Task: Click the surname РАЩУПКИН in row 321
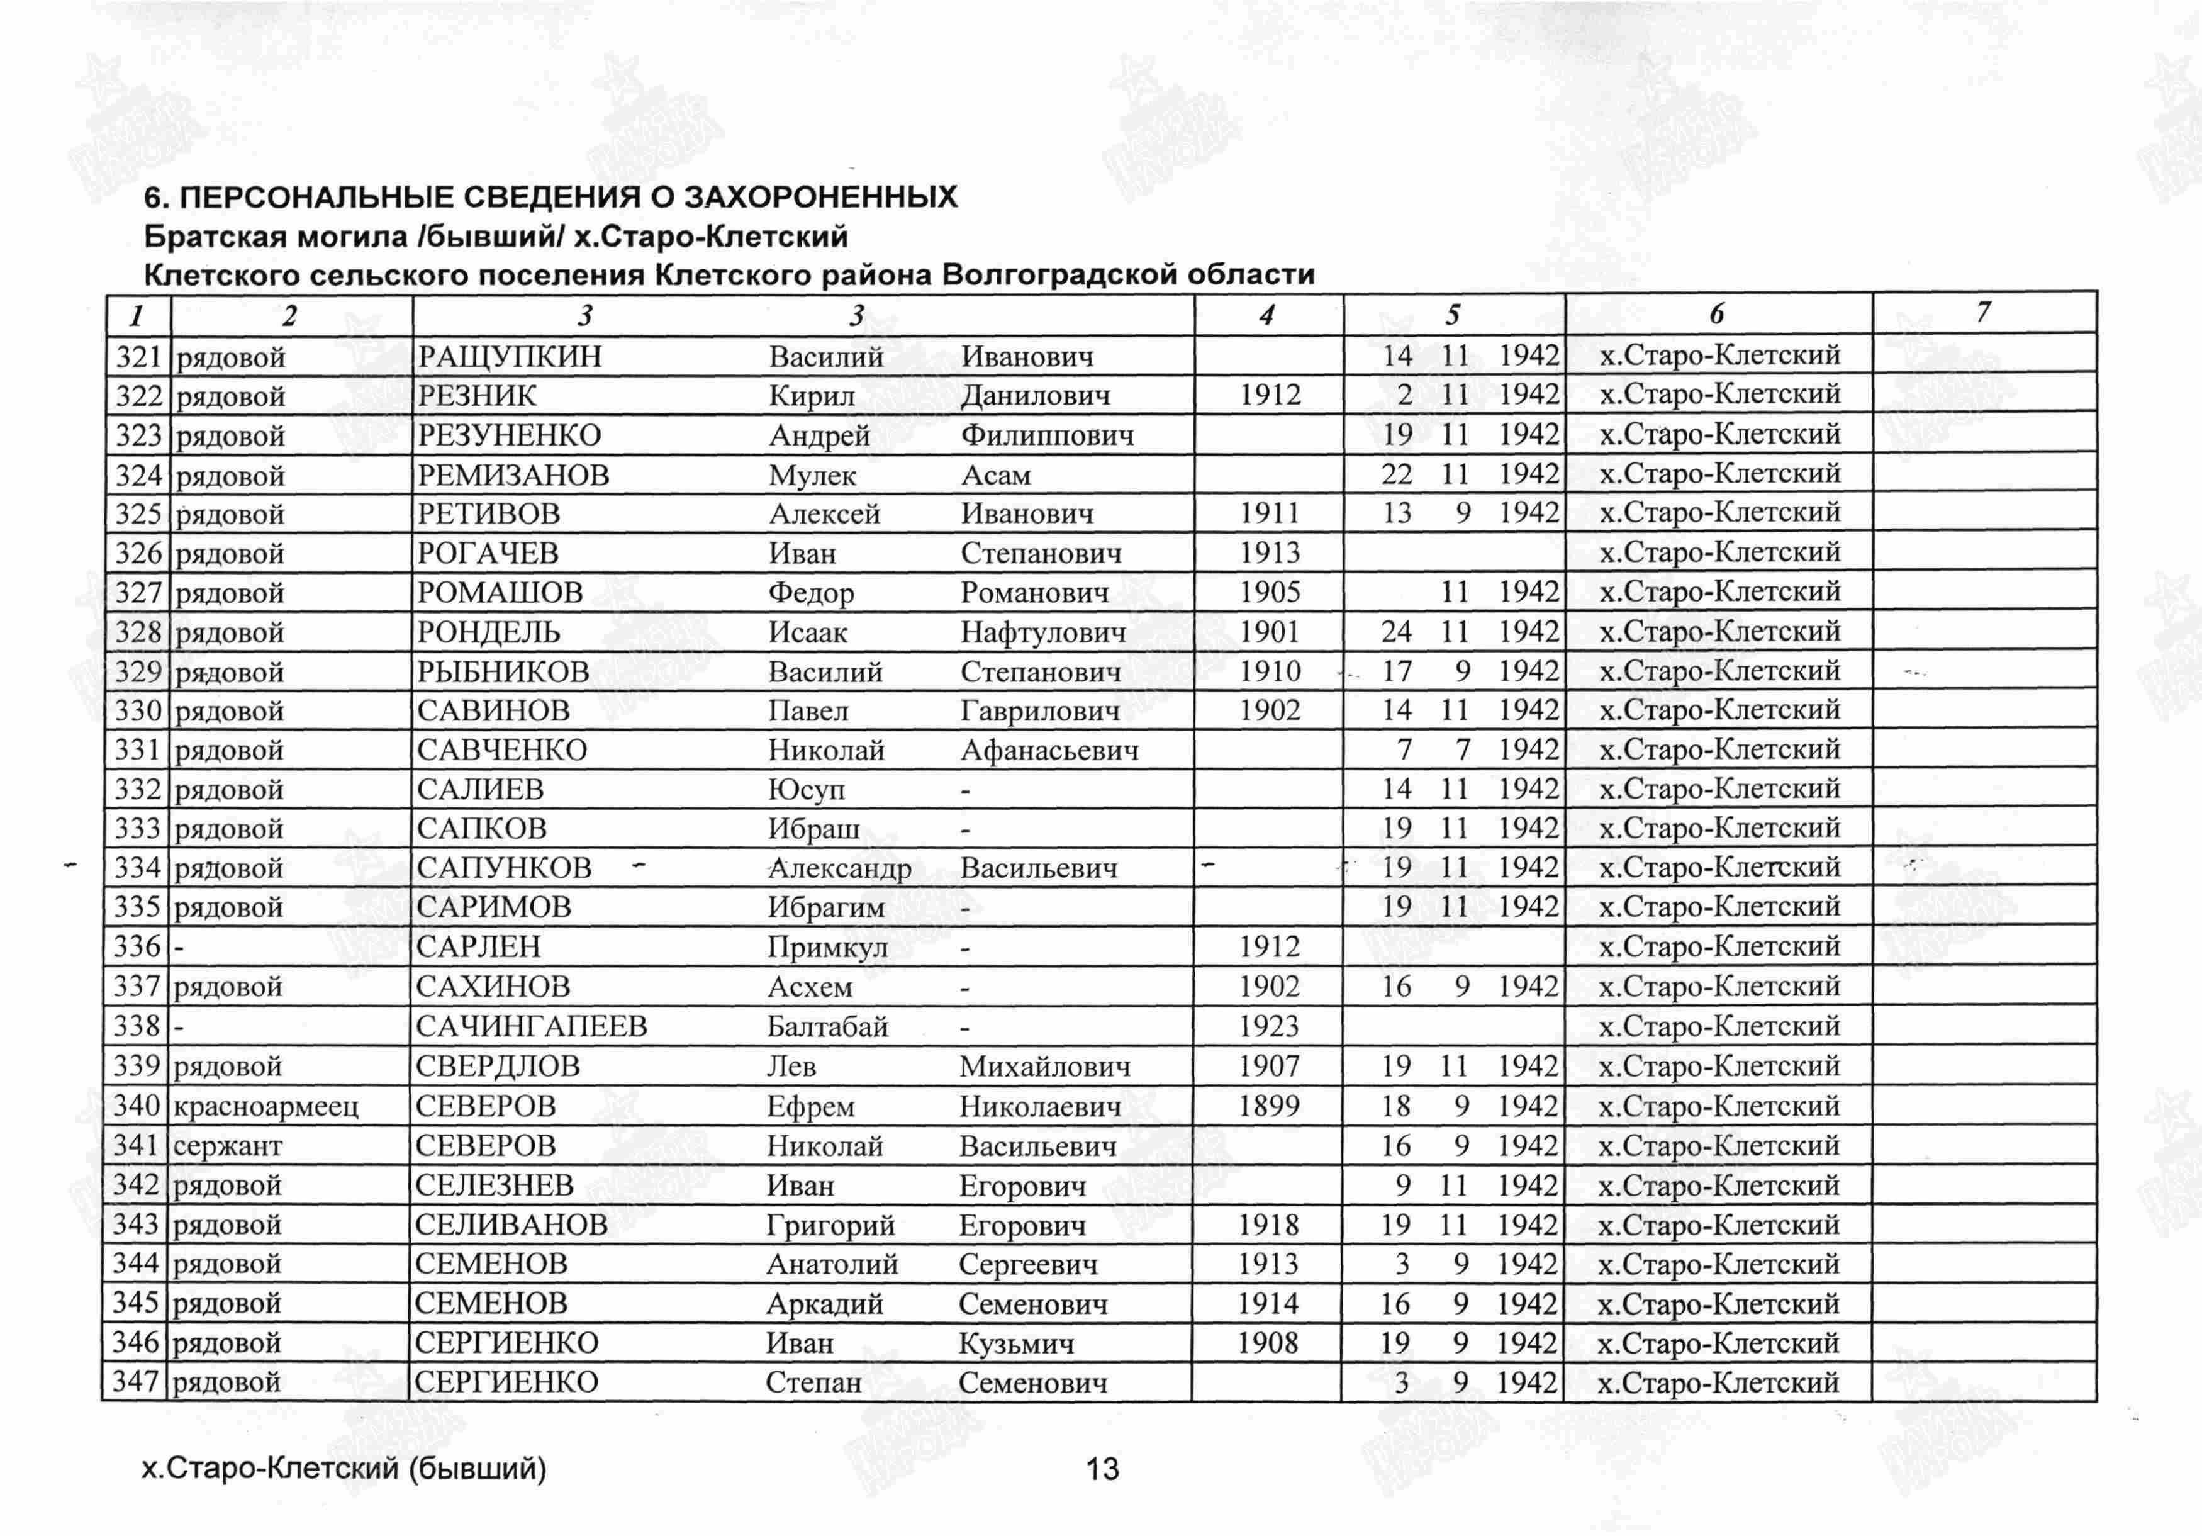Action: point(509,357)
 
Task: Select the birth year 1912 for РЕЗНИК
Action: point(1270,395)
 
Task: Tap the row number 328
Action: point(138,632)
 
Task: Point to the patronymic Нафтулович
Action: point(1042,632)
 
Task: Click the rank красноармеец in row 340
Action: point(265,1106)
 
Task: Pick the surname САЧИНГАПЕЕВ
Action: point(532,1026)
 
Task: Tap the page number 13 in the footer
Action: point(1102,1469)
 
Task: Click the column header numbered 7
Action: point(1982,312)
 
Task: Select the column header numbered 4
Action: point(1267,315)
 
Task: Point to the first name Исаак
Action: point(808,632)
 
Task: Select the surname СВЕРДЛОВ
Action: point(498,1066)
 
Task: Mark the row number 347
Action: point(135,1382)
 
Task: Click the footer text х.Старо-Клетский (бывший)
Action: point(344,1469)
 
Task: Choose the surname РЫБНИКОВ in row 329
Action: point(503,671)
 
